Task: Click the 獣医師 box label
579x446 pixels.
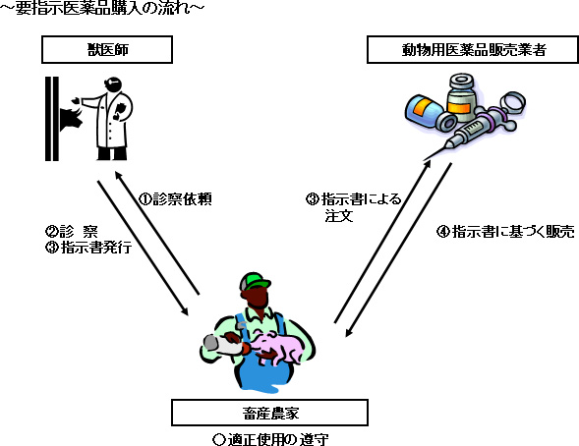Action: tap(107, 49)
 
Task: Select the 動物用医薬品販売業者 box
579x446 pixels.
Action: tap(473, 49)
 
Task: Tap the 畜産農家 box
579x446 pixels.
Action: tap(270, 413)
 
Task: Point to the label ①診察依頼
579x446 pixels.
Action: tap(175, 199)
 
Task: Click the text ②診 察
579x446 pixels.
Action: tap(72, 232)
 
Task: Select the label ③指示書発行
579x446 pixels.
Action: tap(88, 248)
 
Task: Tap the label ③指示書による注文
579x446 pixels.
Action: tap(353, 207)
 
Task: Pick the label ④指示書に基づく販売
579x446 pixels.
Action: tap(505, 232)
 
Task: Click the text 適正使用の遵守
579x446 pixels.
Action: tap(270, 439)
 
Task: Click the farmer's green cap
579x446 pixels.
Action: tap(255, 282)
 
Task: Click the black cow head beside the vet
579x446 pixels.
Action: tap(71, 117)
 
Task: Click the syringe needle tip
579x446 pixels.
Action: tap(424, 160)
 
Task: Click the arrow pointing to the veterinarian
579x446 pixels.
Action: tap(157, 233)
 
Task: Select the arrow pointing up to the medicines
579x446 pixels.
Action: tap(382, 242)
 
